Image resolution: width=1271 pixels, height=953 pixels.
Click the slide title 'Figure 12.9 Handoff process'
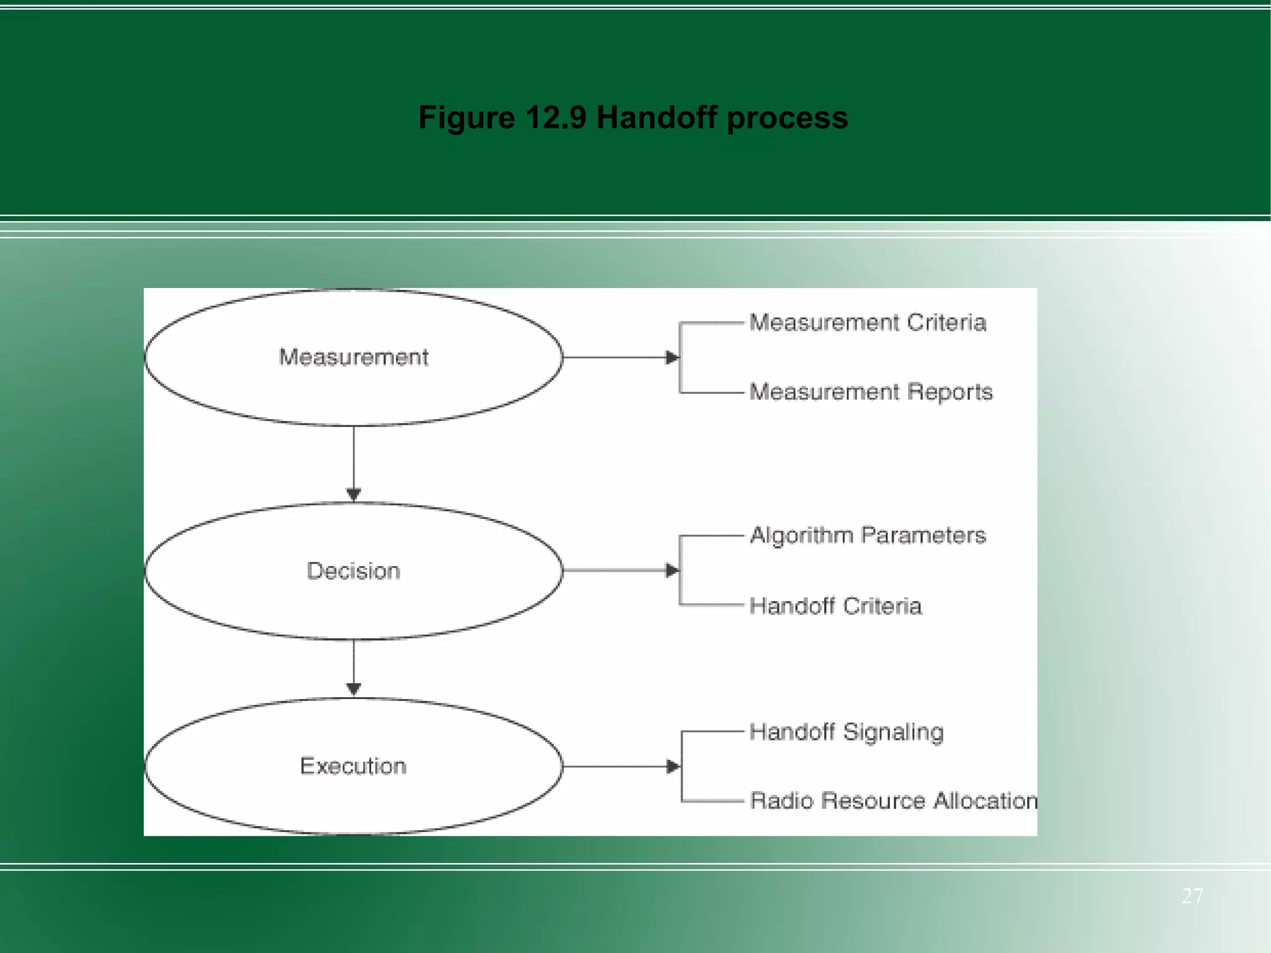[x=633, y=117]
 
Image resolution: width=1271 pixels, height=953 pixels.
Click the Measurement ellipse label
[x=354, y=357]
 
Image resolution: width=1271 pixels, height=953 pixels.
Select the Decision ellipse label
[x=354, y=571]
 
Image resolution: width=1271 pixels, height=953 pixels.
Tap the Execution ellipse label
[x=354, y=766]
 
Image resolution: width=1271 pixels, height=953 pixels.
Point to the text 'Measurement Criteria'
[x=868, y=323]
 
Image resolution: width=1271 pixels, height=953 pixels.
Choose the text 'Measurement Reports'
[x=871, y=392]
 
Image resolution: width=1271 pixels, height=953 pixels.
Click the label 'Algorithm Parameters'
[x=868, y=535]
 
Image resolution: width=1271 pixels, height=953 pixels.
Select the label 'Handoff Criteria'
[x=835, y=606]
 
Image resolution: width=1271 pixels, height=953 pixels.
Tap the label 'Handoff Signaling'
[x=847, y=732]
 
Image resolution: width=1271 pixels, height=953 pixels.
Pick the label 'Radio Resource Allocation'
[x=894, y=801]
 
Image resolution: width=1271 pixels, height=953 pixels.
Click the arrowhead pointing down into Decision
[x=354, y=495]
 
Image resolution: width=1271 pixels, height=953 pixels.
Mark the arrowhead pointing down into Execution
[x=354, y=689]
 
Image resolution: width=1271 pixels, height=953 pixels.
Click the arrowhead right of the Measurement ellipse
[x=671, y=358]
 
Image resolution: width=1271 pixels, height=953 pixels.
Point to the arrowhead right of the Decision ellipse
[x=671, y=571]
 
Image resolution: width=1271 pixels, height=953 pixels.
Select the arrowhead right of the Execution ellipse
[x=673, y=767]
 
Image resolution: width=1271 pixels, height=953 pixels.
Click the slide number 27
[x=1192, y=896]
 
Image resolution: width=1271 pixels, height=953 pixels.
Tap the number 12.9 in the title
[x=555, y=117]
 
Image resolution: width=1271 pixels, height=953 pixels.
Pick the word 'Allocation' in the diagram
[x=986, y=801]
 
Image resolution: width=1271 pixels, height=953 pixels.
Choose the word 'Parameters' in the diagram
[x=923, y=535]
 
